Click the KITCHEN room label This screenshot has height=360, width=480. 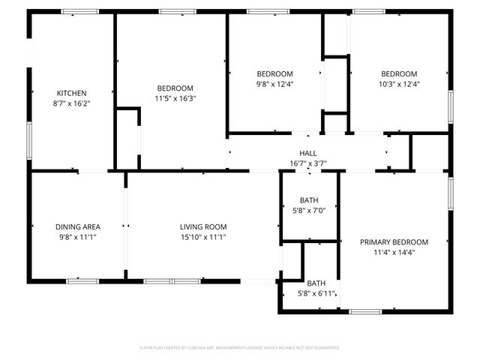click(x=72, y=93)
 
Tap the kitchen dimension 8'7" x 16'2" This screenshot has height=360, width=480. click(x=72, y=103)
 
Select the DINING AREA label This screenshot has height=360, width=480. click(x=78, y=226)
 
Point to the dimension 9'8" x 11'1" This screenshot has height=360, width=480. click(x=78, y=237)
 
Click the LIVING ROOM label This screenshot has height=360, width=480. click(x=203, y=226)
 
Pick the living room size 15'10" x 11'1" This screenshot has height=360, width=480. click(x=203, y=237)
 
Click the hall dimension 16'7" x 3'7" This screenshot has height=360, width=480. click(x=308, y=163)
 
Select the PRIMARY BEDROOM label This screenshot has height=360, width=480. click(x=394, y=242)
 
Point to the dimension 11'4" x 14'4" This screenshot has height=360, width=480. click(x=394, y=253)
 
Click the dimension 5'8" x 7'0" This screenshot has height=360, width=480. click(x=309, y=211)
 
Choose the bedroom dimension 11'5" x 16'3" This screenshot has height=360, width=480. click(x=175, y=98)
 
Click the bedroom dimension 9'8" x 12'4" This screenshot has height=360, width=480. click(x=274, y=84)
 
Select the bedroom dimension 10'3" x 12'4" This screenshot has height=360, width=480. click(x=399, y=84)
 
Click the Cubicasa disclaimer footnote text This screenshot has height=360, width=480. click(x=240, y=348)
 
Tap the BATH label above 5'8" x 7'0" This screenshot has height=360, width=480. click(x=309, y=201)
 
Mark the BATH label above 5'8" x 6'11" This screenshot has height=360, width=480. click(x=316, y=283)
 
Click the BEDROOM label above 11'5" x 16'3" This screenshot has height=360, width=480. click(x=175, y=88)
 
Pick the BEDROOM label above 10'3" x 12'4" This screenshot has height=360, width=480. click(x=399, y=73)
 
